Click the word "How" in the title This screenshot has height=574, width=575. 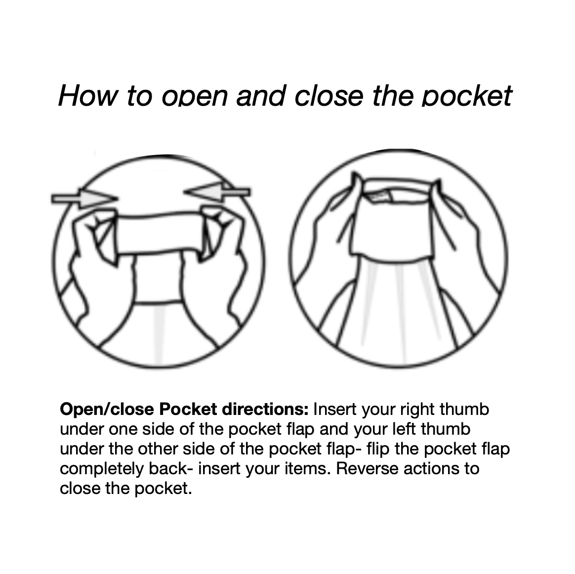click(x=88, y=96)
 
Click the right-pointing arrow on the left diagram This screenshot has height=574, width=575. click(x=84, y=199)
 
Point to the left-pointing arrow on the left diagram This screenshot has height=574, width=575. click(x=217, y=192)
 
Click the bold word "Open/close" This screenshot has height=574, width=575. click(x=107, y=410)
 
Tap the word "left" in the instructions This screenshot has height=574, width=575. click(x=407, y=429)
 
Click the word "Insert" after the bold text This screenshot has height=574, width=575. click(x=335, y=410)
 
